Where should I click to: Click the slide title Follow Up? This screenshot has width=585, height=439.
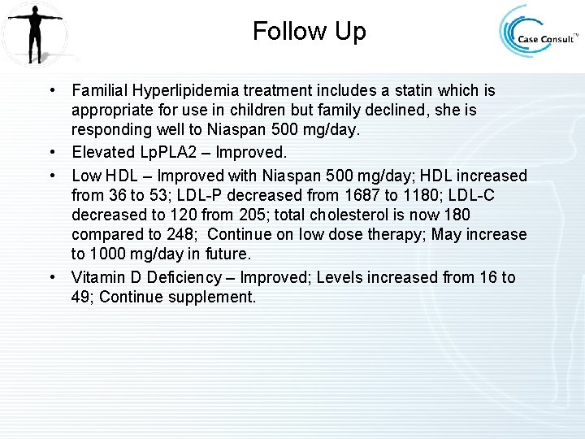pyautogui.click(x=309, y=32)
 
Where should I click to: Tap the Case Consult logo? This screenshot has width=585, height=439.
pyautogui.click(x=539, y=35)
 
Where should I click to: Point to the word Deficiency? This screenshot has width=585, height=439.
pyautogui.click(x=189, y=277)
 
